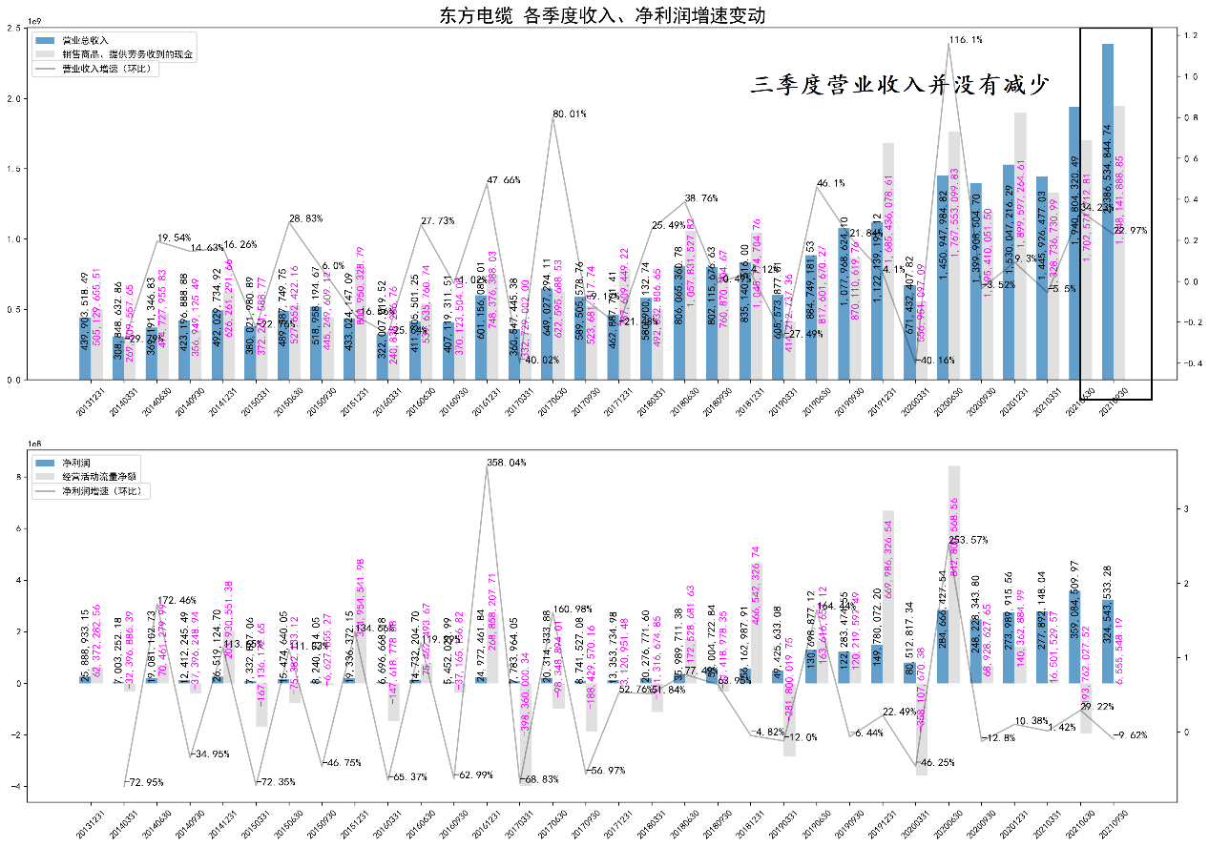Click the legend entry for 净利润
tap(75, 462)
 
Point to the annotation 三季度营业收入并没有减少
tap(901, 86)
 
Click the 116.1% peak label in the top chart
tap(966, 40)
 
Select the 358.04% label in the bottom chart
tap(509, 463)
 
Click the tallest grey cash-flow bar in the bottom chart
tap(953, 572)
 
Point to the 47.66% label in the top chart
tap(504, 180)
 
